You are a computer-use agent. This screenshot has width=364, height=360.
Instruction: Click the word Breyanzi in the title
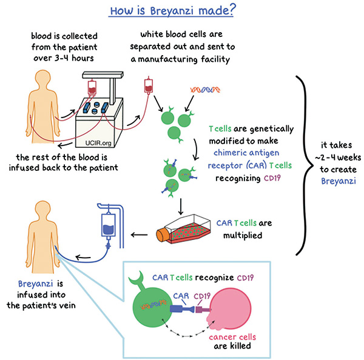pyautogui.click(x=172, y=11)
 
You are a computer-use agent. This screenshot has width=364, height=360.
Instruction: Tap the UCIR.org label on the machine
pyautogui.click(x=98, y=143)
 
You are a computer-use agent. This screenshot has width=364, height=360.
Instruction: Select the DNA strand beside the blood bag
pyautogui.click(x=205, y=90)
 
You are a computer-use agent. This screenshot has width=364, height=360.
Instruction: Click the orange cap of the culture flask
pyautogui.click(x=162, y=235)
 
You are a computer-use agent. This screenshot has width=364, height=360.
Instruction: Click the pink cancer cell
pyautogui.click(x=229, y=308)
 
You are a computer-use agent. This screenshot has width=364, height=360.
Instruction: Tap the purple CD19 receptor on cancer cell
pyautogui.click(x=203, y=310)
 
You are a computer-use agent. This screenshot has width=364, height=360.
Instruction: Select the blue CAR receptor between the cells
pyautogui.click(x=183, y=308)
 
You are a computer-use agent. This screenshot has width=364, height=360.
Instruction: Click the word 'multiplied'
pyautogui.click(x=243, y=235)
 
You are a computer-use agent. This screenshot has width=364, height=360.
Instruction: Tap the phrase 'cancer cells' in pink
pyautogui.click(x=232, y=337)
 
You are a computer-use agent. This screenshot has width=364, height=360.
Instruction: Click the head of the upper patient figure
pyautogui.click(x=43, y=79)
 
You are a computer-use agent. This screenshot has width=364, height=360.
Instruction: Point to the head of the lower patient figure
pyautogui.click(x=43, y=210)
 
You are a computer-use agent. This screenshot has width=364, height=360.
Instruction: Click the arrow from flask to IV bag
pyautogui.click(x=140, y=235)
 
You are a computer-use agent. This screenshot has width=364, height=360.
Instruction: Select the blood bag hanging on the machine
pyautogui.click(x=92, y=87)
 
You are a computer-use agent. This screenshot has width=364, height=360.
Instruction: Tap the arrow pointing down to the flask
pyautogui.click(x=181, y=207)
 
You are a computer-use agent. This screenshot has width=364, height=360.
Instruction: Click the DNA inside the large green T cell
pyautogui.click(x=153, y=304)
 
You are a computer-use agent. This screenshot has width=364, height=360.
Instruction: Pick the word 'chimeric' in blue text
pyautogui.click(x=228, y=153)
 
